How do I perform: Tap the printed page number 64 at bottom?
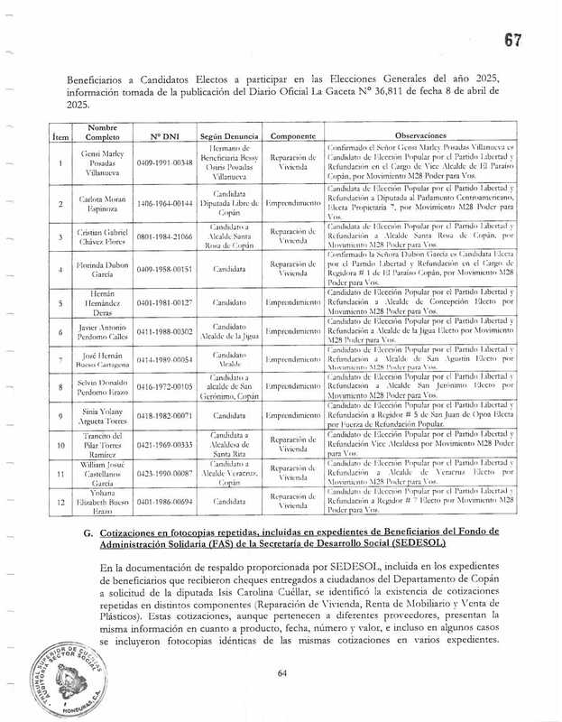click(281, 672)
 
